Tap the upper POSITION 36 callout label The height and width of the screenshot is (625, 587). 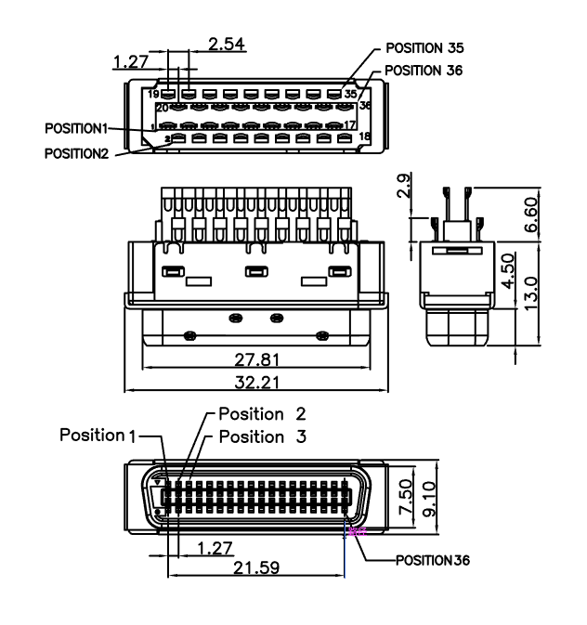pyautogui.click(x=424, y=70)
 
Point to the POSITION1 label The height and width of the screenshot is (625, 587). pyautogui.click(x=76, y=125)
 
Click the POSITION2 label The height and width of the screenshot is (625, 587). pyautogui.click(x=77, y=153)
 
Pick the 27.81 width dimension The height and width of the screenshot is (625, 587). pyautogui.click(x=253, y=358)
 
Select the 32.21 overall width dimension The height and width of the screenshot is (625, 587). pyautogui.click(x=253, y=382)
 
